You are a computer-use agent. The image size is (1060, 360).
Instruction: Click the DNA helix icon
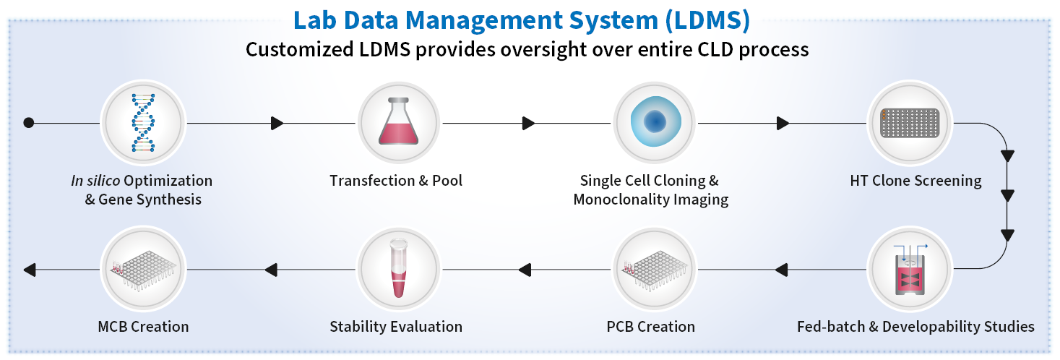[x=143, y=122]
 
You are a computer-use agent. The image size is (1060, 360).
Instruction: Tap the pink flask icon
[x=400, y=122]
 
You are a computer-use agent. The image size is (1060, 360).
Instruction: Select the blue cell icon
[x=655, y=121]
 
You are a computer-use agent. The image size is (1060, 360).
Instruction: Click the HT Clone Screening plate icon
[x=909, y=122]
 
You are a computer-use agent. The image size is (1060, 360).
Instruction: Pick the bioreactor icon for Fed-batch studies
[x=909, y=270]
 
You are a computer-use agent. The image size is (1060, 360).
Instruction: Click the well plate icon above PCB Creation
[x=655, y=270]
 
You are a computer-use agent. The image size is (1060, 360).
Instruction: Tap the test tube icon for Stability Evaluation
[x=400, y=270]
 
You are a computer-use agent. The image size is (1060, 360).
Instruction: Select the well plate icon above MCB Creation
[x=143, y=270]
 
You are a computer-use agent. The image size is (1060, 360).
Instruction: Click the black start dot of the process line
[x=29, y=123]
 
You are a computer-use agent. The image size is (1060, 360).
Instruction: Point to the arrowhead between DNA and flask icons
[x=277, y=123]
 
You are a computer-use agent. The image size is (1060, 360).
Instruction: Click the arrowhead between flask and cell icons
[x=528, y=123]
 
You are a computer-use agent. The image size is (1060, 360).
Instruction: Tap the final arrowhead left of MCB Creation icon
[x=30, y=270]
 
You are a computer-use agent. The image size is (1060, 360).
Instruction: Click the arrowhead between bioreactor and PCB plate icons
[x=781, y=270]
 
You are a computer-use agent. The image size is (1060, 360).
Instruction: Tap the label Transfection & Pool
[x=396, y=181]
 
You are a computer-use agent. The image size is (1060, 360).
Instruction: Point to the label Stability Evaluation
[x=396, y=327]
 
